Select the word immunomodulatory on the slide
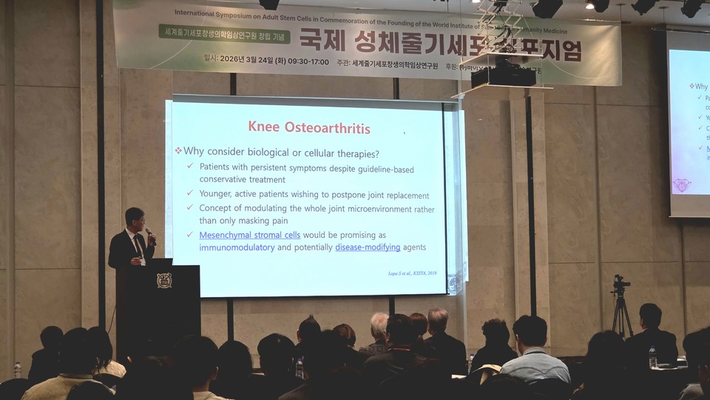[237, 247]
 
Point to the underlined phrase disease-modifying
[368, 247]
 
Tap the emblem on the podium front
[163, 281]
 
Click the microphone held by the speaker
[150, 235]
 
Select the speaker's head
[134, 219]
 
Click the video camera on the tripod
[620, 284]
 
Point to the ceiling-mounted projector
[503, 74]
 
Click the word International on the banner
[200, 13]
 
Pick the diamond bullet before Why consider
[178, 151]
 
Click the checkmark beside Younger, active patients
[190, 195]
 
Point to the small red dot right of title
[404, 133]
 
